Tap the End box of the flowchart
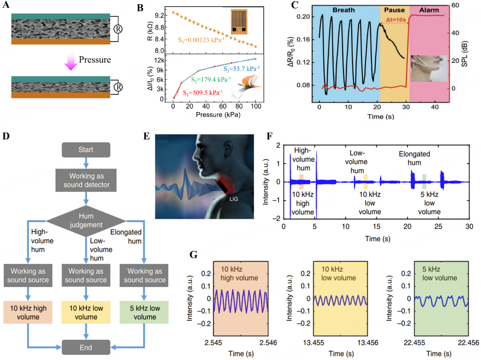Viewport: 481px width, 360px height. point(86,347)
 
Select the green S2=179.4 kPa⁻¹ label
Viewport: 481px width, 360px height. point(208,79)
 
